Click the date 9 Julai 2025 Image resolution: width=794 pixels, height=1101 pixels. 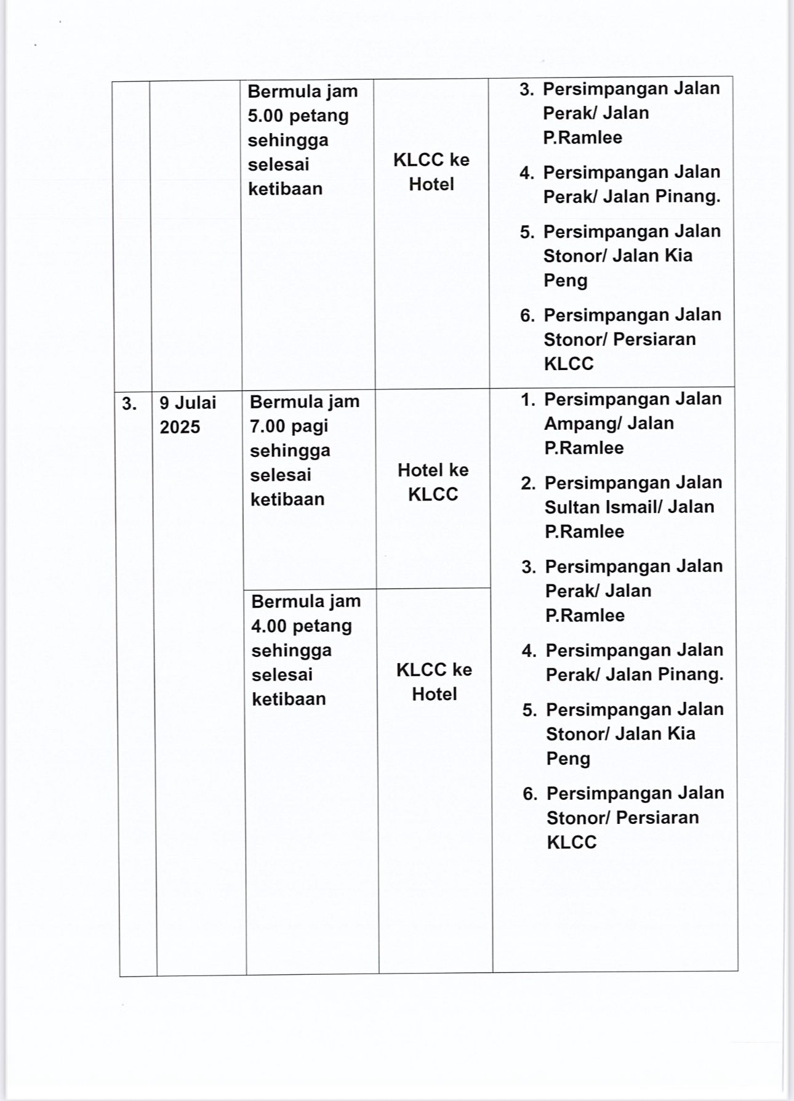tap(188, 414)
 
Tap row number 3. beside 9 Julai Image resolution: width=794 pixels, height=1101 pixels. tap(129, 404)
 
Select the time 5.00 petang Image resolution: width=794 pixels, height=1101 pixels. tap(298, 116)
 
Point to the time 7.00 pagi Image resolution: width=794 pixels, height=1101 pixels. tap(289, 426)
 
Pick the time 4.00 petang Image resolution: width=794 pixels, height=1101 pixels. tap(302, 626)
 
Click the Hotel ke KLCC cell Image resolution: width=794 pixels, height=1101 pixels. tap(433, 482)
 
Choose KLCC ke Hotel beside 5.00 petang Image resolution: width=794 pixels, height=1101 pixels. tap(431, 172)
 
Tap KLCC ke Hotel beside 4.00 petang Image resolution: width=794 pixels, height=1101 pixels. tap(434, 682)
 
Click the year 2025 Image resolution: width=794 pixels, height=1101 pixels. tap(180, 427)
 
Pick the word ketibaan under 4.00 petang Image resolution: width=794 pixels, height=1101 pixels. tap(289, 699)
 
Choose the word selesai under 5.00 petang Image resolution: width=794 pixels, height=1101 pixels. tap(278, 164)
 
